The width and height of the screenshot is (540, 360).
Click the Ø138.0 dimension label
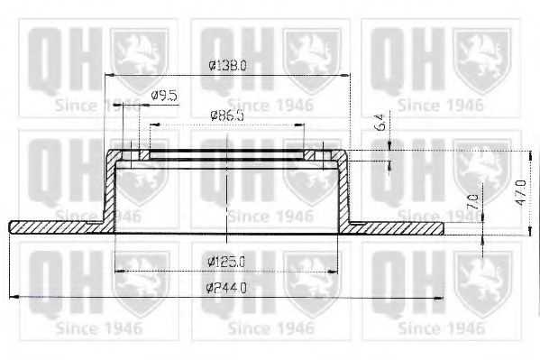click(227, 66)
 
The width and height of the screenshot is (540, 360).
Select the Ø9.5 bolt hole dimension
click(162, 94)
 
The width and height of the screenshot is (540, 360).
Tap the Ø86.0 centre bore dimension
click(227, 116)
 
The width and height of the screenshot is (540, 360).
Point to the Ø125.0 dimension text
click(227, 262)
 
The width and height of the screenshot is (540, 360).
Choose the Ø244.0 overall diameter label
click(227, 288)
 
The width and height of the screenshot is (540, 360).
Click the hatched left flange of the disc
click(54, 225)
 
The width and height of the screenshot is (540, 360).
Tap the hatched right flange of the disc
click(397, 226)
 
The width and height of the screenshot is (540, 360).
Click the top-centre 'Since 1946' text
click(270, 105)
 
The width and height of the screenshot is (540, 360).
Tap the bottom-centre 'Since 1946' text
click(270, 327)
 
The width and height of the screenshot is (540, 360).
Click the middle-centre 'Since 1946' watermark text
click(270, 216)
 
